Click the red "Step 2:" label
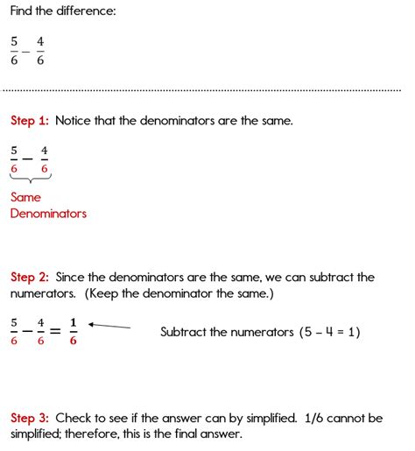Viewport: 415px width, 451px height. (x=29, y=278)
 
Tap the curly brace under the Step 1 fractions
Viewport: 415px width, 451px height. (x=29, y=180)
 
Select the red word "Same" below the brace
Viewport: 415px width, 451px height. (x=25, y=197)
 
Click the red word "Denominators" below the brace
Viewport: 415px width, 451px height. (x=48, y=213)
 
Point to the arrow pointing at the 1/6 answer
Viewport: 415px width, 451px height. (x=109, y=326)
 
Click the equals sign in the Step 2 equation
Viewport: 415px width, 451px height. (x=55, y=332)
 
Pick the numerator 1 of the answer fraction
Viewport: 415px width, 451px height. (x=73, y=322)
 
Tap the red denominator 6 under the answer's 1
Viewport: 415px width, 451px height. (x=73, y=342)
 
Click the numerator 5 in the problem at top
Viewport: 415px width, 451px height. (x=14, y=41)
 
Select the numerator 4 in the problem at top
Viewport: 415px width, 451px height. (x=40, y=41)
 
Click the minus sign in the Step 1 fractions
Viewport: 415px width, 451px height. (x=29, y=159)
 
